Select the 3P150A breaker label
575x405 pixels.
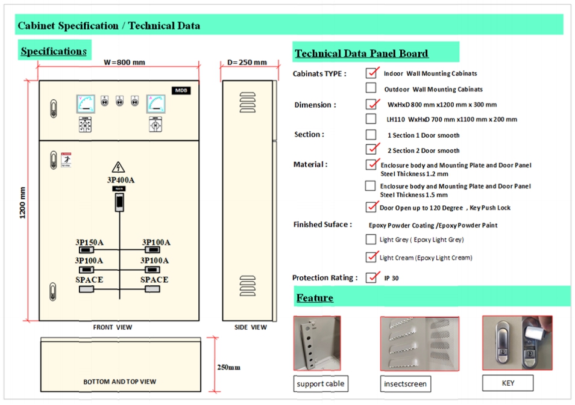pyautogui.click(x=89, y=243)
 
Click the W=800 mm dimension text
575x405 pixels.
pyautogui.click(x=124, y=63)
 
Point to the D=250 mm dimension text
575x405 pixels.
pyautogui.click(x=247, y=63)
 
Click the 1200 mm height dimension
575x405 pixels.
pyautogui.click(x=23, y=203)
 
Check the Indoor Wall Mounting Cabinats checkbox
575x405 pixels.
pyautogui.click(x=371, y=73)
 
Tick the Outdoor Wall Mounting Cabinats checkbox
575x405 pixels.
pyautogui.click(x=371, y=88)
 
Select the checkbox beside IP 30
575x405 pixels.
pyautogui.click(x=371, y=278)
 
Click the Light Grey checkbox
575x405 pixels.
pyautogui.click(x=371, y=240)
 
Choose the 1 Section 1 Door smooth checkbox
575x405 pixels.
pyautogui.click(x=371, y=135)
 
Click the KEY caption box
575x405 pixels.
pyautogui.click(x=507, y=383)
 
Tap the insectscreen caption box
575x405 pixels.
pyautogui.click(x=405, y=384)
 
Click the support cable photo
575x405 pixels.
pyautogui.click(x=317, y=344)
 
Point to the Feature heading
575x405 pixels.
pyautogui.click(x=315, y=298)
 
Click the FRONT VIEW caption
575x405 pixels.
pyautogui.click(x=112, y=327)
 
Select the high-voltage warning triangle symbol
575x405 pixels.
pyautogui.click(x=118, y=167)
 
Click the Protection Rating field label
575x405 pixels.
pyautogui.click(x=325, y=277)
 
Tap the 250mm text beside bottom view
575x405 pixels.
pyautogui.click(x=228, y=367)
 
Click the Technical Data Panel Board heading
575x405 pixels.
pyautogui.click(x=362, y=54)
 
